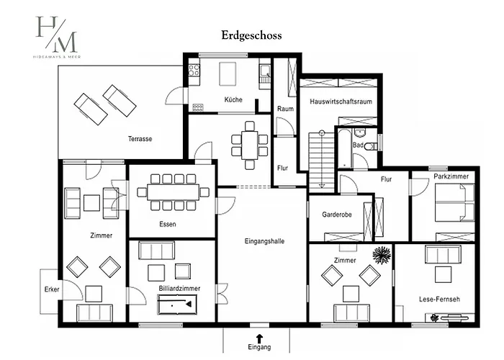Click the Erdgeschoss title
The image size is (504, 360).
(251, 35)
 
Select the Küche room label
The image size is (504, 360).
(233, 99)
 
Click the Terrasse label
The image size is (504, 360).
(140, 139)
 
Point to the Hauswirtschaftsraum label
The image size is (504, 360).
(341, 102)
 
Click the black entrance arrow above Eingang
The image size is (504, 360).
(259, 338)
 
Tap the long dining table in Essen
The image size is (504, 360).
(173, 192)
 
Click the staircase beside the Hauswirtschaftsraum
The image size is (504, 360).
(322, 160)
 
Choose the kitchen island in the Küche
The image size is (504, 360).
(228, 73)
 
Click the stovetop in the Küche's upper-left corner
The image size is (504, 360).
(194, 70)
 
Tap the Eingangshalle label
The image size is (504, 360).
(264, 241)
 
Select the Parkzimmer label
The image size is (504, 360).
(451, 176)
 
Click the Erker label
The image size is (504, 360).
(52, 289)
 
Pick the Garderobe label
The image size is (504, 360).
(336, 215)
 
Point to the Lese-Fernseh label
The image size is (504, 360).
(439, 300)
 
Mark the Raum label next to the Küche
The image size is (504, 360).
(285, 109)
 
